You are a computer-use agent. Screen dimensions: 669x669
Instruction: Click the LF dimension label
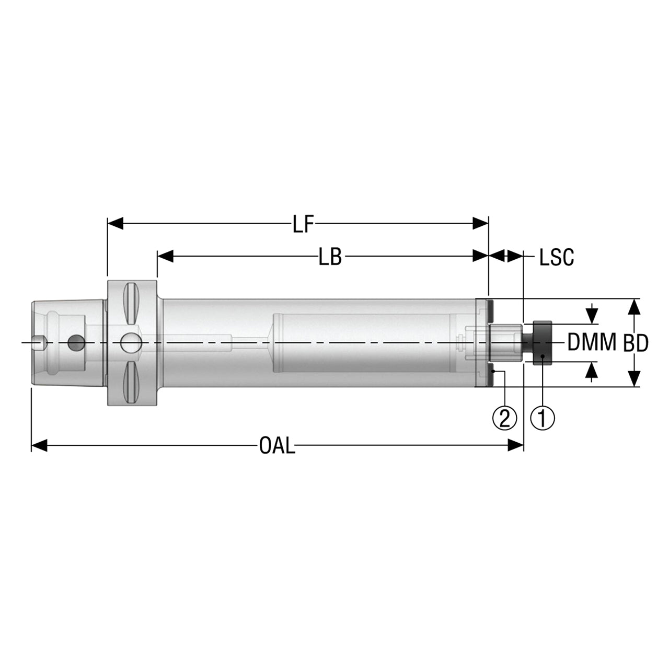pos(303,224)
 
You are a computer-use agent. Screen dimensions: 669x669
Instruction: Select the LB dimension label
pos(330,257)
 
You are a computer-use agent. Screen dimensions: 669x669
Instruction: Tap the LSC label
pos(557,257)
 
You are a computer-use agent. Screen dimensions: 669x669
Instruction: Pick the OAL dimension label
pos(277,445)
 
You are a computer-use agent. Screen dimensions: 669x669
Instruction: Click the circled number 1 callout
pos(543,418)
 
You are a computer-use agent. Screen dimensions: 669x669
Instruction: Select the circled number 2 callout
pos(504,418)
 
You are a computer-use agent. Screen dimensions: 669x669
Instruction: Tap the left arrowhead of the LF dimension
pos(116,224)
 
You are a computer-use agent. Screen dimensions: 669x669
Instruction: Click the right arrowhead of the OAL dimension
pos(515,445)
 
